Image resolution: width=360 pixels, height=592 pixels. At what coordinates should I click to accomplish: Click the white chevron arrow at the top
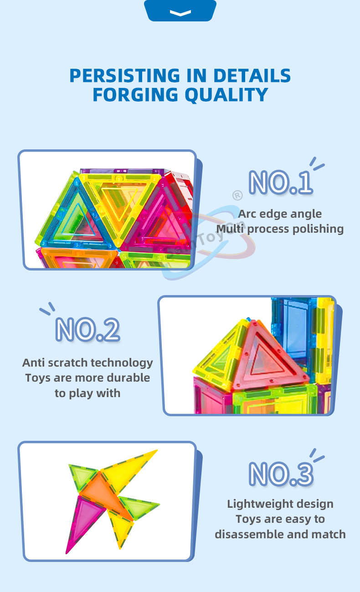click(x=180, y=13)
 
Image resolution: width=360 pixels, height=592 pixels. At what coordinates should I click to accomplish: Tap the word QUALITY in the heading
click(x=226, y=95)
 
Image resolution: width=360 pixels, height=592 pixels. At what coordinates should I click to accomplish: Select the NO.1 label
click(x=281, y=182)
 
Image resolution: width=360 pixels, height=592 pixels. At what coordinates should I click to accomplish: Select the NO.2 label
click(x=87, y=329)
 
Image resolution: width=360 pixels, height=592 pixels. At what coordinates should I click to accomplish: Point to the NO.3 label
click(x=281, y=475)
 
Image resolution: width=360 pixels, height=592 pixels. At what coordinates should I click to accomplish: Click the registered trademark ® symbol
click(x=237, y=195)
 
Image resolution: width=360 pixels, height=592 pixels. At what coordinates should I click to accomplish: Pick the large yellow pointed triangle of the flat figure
click(x=127, y=468)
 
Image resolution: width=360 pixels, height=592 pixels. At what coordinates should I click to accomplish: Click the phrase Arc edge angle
click(x=280, y=214)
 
